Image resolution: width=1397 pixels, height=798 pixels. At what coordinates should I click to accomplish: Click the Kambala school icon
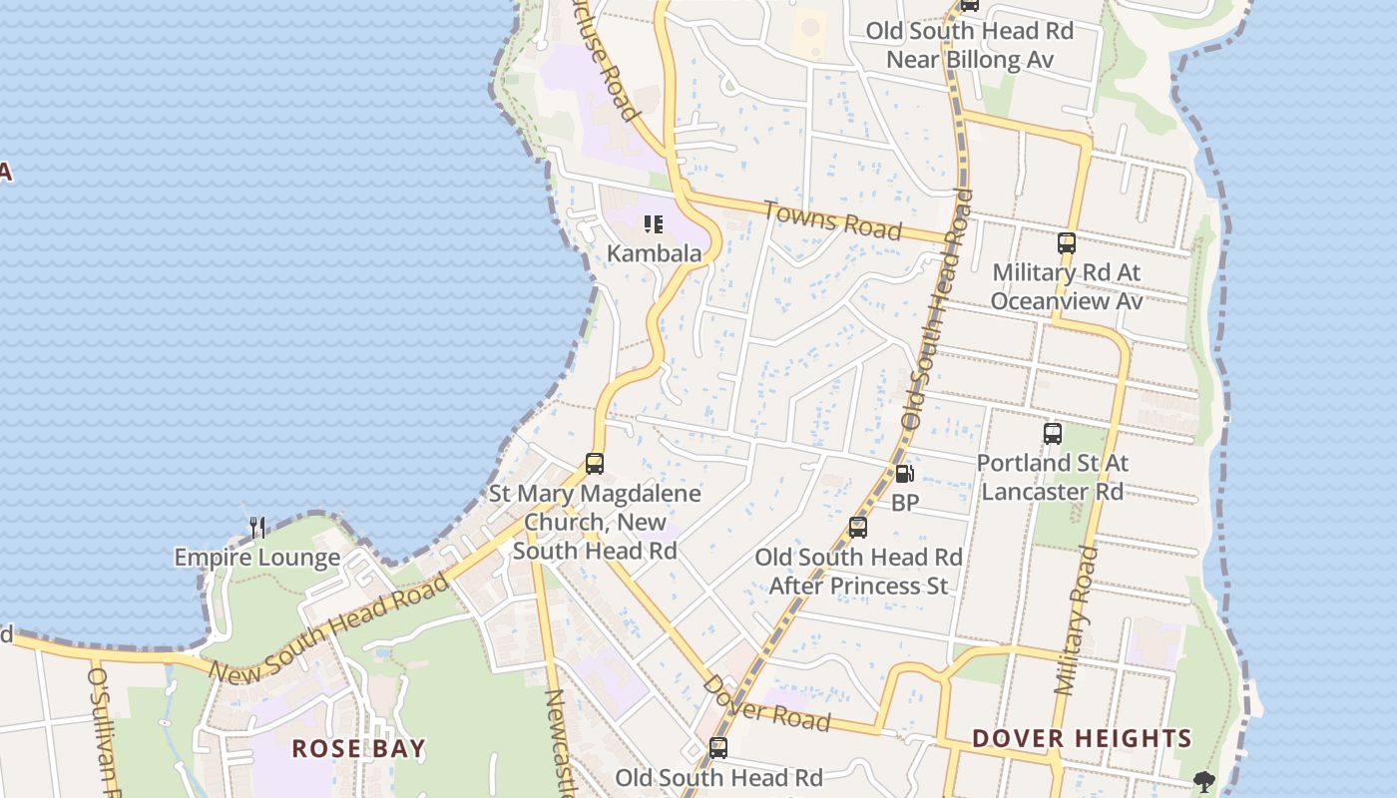click(x=654, y=224)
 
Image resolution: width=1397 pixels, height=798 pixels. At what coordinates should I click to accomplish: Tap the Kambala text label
click(x=654, y=253)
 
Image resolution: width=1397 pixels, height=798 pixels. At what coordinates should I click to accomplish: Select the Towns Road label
click(x=832, y=220)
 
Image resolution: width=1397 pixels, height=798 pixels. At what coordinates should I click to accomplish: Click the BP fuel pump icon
click(x=904, y=475)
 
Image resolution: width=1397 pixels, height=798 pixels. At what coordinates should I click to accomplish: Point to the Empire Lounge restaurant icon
click(x=257, y=528)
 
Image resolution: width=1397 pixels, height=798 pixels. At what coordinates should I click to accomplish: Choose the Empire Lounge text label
click(x=257, y=558)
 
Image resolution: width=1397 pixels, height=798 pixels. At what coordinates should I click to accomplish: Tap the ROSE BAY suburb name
click(x=358, y=748)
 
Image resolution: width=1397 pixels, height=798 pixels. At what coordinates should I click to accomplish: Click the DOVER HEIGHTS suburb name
click(x=1082, y=738)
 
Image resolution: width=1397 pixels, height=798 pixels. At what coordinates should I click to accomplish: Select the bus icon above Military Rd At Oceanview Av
click(x=1067, y=242)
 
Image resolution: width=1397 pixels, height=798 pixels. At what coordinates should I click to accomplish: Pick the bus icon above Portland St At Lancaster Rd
click(x=1053, y=434)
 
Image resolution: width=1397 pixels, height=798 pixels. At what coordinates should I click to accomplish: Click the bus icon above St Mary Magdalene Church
click(x=595, y=464)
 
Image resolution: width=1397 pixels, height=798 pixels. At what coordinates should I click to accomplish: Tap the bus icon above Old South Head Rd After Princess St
click(x=858, y=528)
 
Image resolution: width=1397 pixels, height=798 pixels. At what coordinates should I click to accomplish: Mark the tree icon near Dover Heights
click(x=1204, y=781)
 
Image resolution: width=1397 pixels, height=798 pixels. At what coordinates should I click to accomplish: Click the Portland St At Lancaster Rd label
click(x=1052, y=477)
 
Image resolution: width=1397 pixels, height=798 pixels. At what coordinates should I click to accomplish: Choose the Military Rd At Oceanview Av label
click(x=1067, y=286)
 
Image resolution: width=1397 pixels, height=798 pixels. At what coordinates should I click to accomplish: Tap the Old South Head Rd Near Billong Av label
click(x=969, y=45)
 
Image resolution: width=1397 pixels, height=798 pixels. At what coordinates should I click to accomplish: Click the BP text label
click(x=905, y=503)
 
